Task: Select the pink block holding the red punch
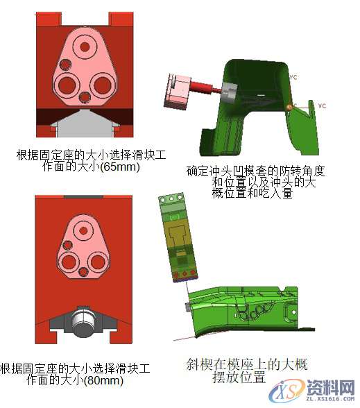(x=178, y=91)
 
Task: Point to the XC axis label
(x=321, y=105)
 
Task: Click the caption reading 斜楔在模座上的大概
(x=246, y=364)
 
